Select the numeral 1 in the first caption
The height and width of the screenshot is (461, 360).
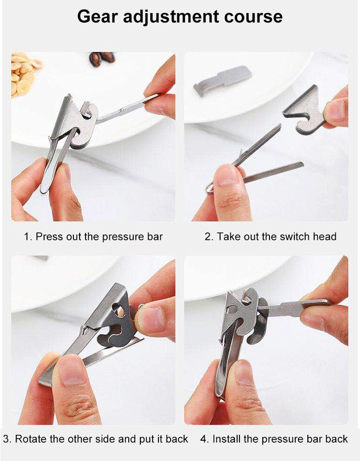27,236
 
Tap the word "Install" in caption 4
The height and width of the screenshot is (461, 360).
228,439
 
